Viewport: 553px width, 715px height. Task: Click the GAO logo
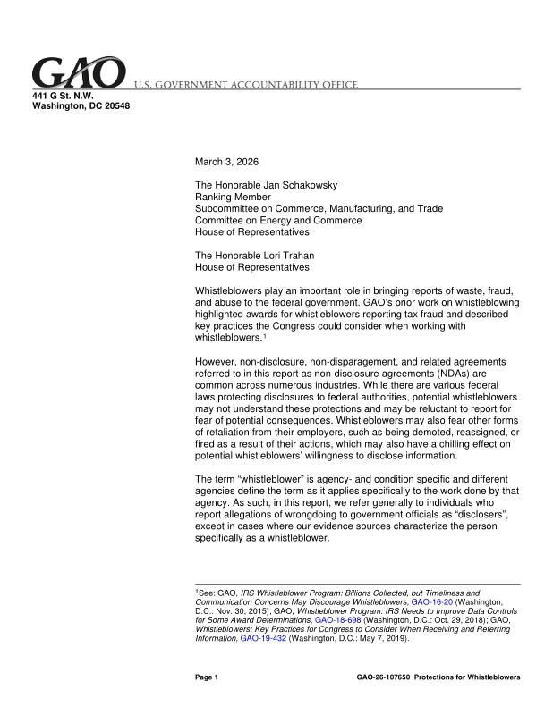[x=79, y=73]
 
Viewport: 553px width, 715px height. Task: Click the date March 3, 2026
[x=229, y=162]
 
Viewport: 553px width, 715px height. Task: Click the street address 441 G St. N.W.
[x=64, y=95]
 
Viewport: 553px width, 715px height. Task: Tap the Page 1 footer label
[x=207, y=677]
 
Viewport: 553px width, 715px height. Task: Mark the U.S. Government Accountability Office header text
[x=246, y=85]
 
